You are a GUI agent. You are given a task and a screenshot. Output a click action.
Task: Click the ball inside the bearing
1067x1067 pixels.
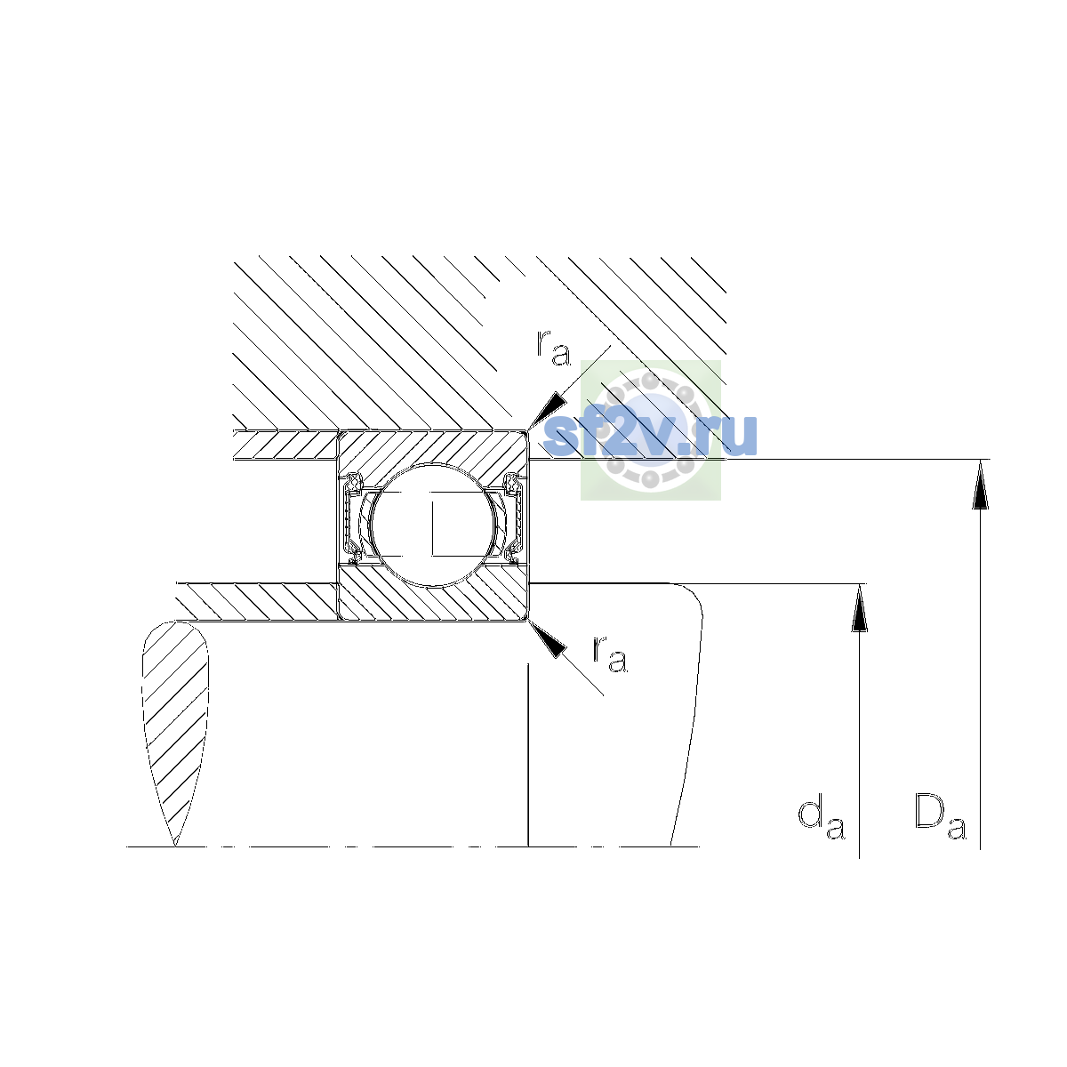pyautogui.click(x=434, y=525)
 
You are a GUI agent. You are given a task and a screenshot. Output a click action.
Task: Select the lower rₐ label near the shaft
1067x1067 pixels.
pyautogui.click(x=610, y=654)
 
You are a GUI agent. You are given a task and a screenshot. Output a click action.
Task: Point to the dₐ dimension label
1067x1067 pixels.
pyautogui.click(x=822, y=820)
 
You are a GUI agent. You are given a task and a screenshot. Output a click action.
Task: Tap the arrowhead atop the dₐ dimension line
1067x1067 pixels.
pyautogui.click(x=859, y=608)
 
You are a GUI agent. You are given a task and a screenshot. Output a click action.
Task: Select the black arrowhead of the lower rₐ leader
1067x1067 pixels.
pyautogui.click(x=547, y=639)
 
